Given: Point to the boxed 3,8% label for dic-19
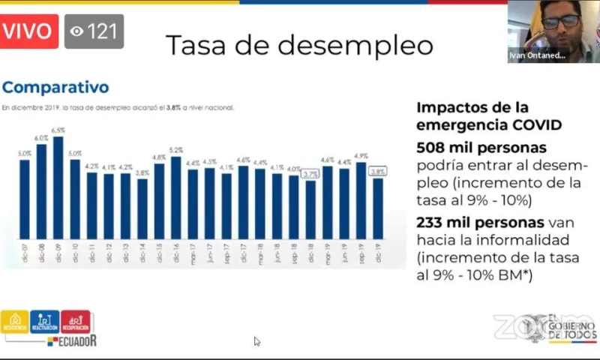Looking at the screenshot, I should (378, 171).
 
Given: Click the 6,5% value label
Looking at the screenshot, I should (58, 130).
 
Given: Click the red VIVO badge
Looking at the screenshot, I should (29, 31).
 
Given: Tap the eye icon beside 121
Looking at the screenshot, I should (76, 31).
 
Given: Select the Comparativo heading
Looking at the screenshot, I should (55, 88).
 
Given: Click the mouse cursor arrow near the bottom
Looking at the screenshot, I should (256, 341).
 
